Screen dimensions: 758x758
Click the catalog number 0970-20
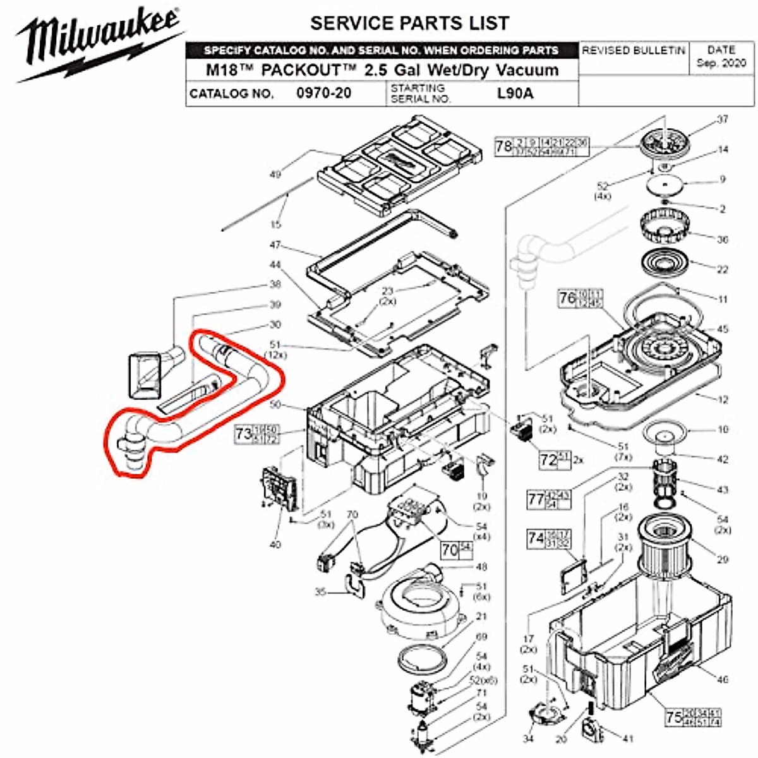[323, 93]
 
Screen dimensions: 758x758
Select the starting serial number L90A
[515, 93]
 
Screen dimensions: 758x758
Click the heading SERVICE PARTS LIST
[409, 23]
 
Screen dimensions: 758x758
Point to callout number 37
[723, 119]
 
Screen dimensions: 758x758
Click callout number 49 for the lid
[275, 174]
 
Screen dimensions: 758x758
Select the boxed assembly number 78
[503, 147]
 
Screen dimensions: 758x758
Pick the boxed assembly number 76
[567, 298]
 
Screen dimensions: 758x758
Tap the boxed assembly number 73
[243, 434]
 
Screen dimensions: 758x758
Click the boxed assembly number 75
[674, 717]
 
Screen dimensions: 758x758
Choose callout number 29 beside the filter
[723, 559]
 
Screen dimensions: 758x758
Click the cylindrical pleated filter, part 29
[666, 546]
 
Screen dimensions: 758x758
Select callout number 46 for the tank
[723, 679]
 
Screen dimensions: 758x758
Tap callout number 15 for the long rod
[275, 224]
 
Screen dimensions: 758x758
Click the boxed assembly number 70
[449, 550]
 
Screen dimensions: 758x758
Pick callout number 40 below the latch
[275, 544]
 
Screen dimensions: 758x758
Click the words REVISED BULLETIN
[633, 51]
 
